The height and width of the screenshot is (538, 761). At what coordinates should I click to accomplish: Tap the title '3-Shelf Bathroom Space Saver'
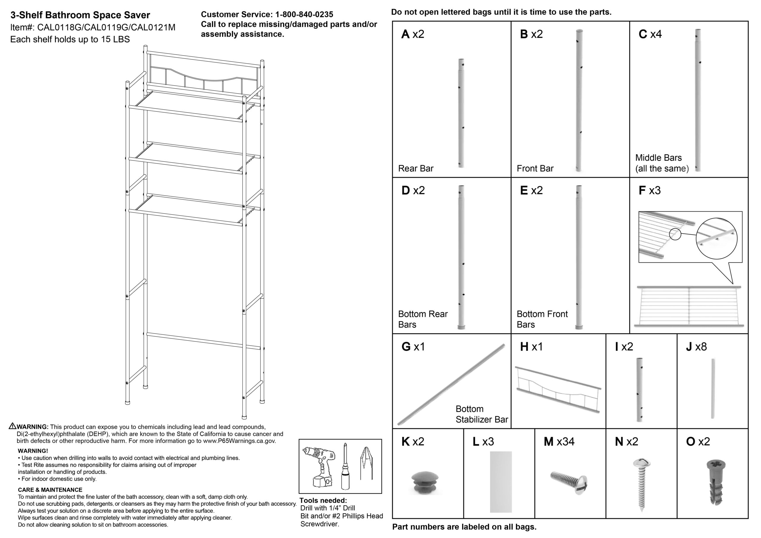coord(80,15)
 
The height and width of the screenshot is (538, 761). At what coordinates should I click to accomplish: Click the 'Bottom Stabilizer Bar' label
coord(481,414)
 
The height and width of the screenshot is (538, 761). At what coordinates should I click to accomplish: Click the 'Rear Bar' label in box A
coord(416,169)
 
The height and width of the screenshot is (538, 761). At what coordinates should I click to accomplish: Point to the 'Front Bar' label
coord(535,169)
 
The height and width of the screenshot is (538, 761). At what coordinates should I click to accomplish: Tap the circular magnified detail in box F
coord(716,238)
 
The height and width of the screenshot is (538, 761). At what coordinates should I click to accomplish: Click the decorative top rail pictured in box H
coord(559,389)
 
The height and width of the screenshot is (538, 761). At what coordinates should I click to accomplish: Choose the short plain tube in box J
coord(713,388)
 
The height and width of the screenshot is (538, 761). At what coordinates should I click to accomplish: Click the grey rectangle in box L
coord(501,482)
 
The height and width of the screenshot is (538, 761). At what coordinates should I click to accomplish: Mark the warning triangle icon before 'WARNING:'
coord(12,426)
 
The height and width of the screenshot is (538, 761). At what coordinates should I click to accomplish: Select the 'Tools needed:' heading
coord(323,501)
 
